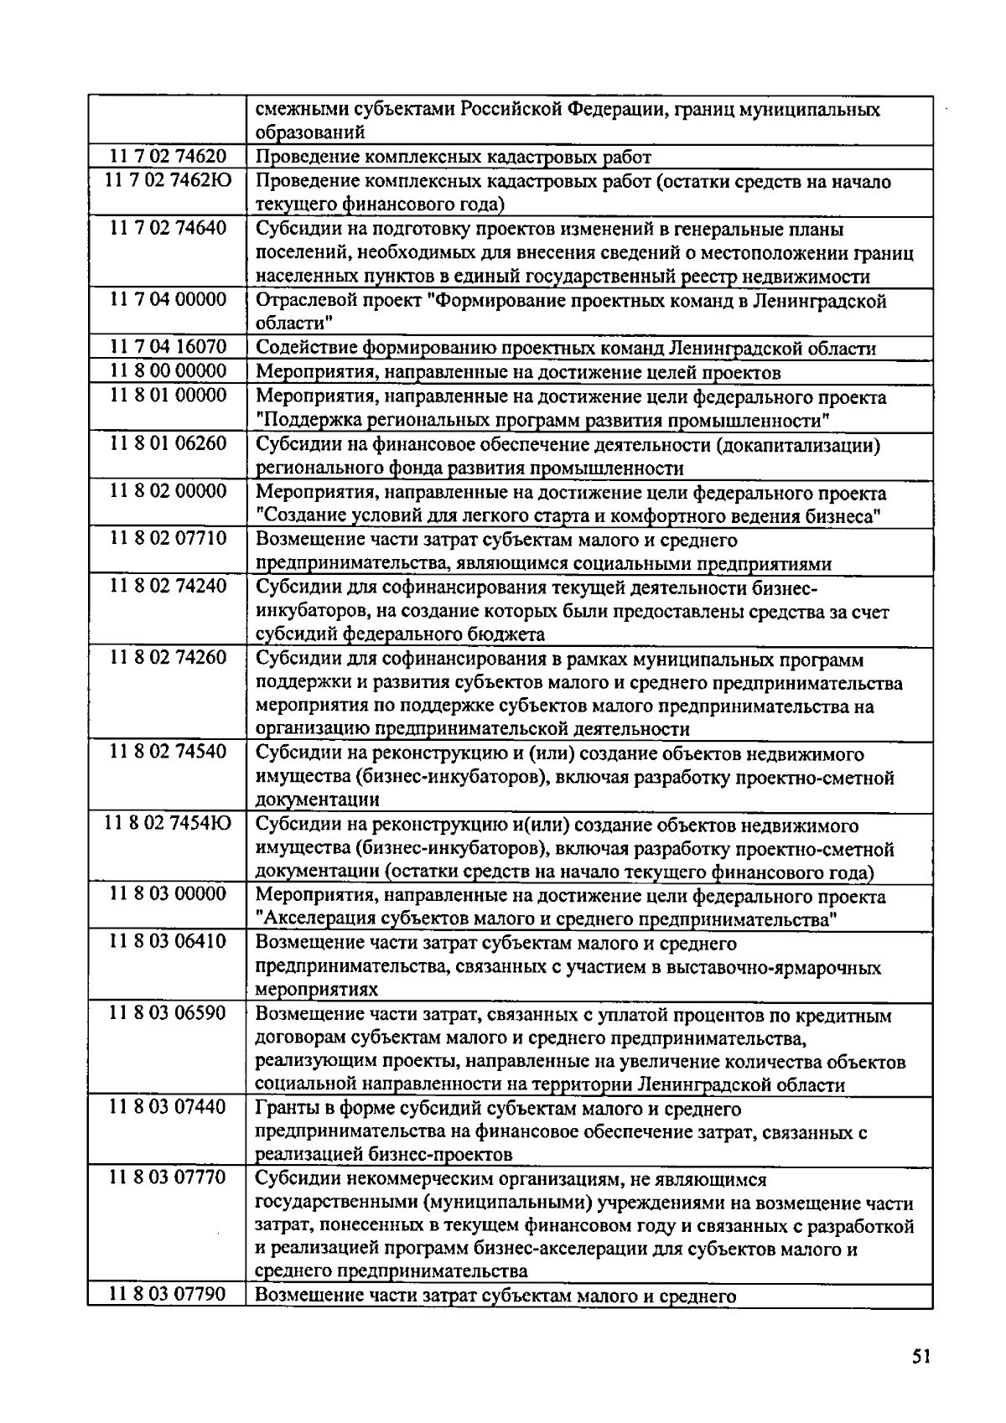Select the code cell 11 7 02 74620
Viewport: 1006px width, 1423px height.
(x=168, y=157)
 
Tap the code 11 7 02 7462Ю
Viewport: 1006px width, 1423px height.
(x=168, y=180)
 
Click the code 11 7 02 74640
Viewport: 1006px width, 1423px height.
(x=168, y=228)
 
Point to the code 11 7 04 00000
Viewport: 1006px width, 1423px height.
(x=168, y=300)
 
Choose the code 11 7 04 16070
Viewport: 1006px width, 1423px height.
(x=168, y=348)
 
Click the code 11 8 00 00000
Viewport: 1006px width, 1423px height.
(x=168, y=371)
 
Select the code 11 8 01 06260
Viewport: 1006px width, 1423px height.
(x=168, y=443)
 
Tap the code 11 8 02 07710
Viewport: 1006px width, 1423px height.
(x=168, y=538)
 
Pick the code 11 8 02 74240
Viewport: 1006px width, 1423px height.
(x=168, y=586)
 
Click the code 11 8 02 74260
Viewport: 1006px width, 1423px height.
(x=168, y=658)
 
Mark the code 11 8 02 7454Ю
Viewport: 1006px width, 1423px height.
(x=168, y=825)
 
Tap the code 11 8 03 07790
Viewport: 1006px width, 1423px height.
(x=168, y=1295)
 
